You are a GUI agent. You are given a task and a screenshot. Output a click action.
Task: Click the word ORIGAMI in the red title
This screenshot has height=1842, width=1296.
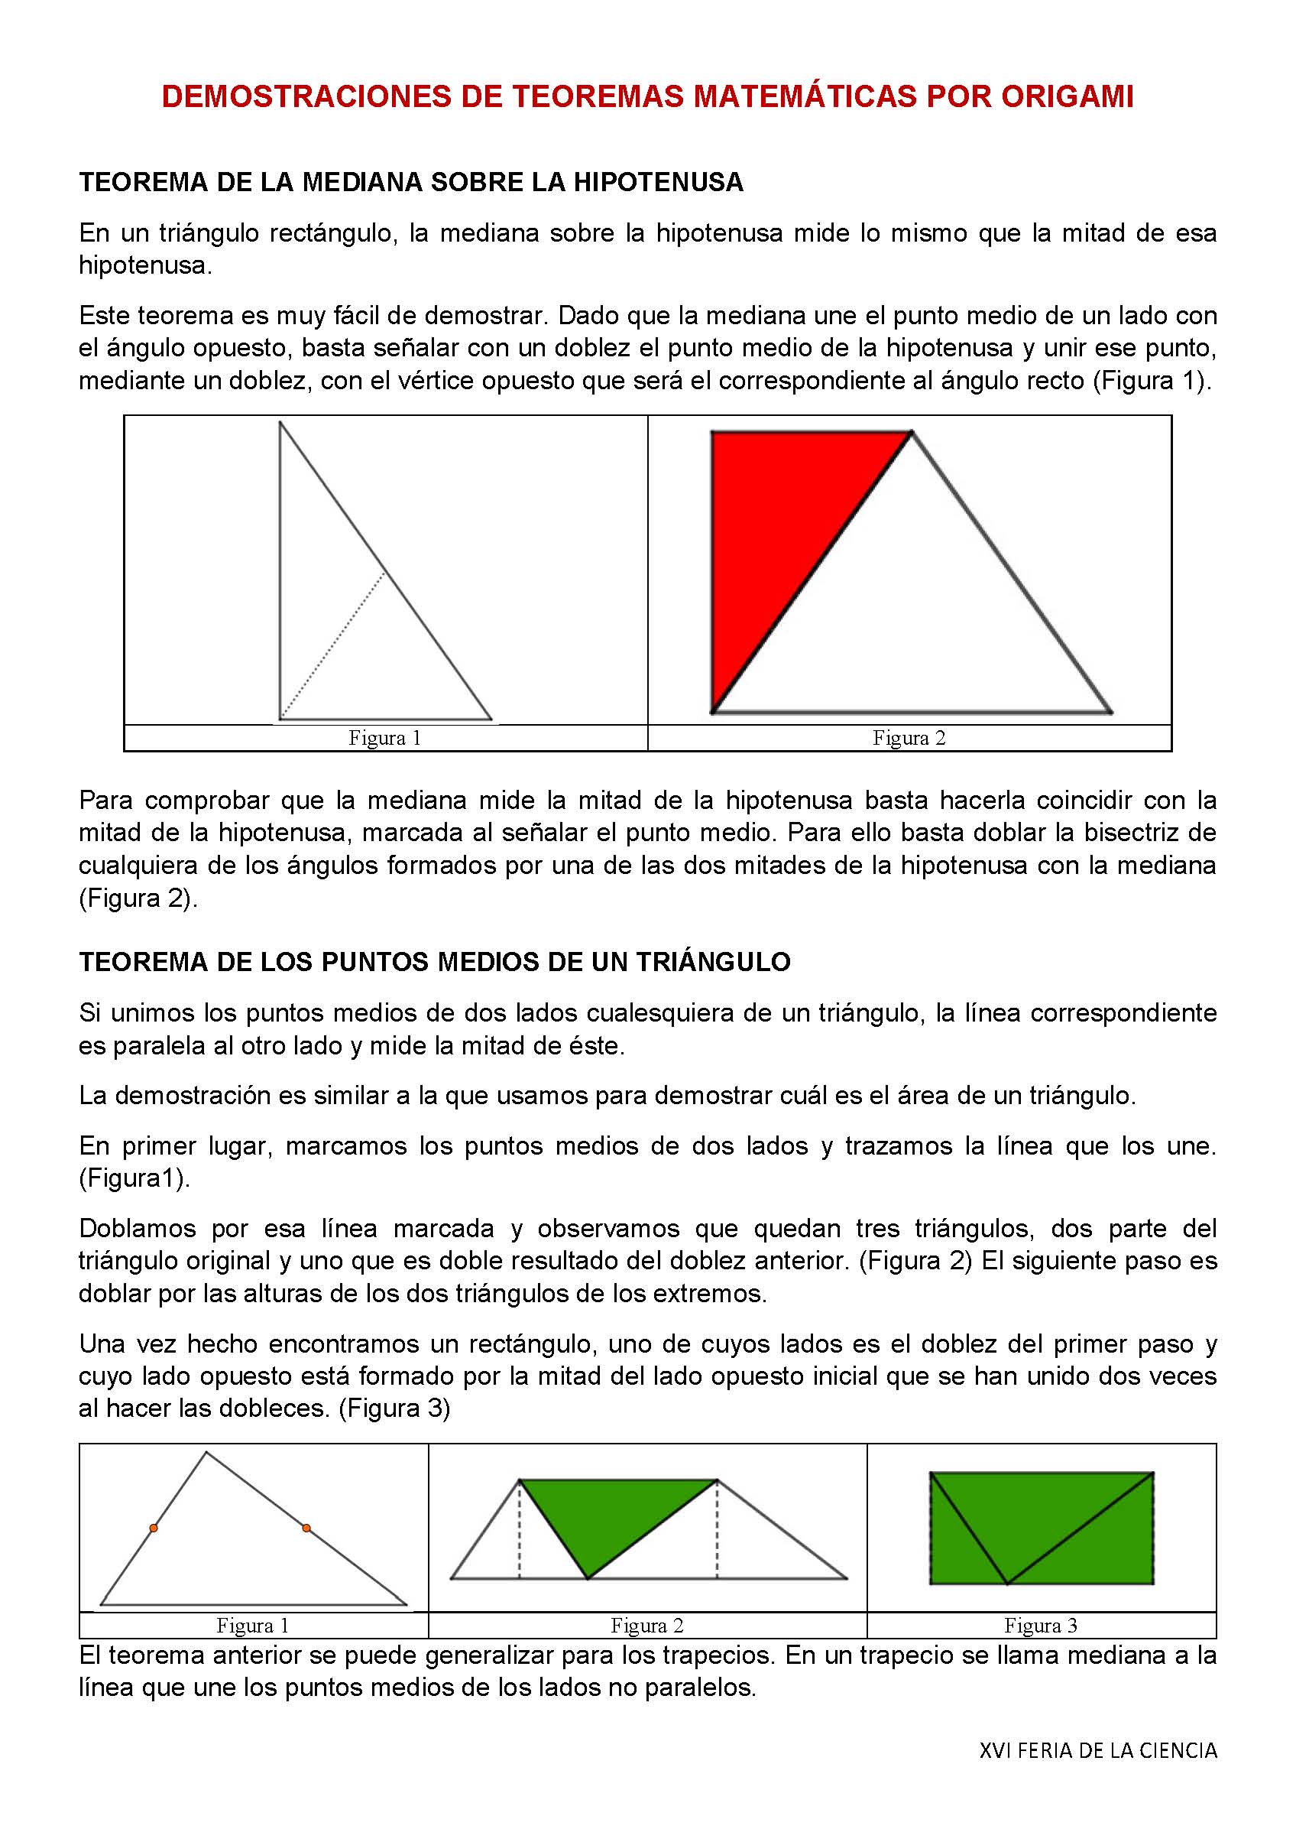[1066, 97]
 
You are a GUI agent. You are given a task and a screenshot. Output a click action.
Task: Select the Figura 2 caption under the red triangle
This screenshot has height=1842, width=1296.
[909, 738]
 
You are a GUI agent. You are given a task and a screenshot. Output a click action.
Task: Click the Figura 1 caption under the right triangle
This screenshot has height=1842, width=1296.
[385, 738]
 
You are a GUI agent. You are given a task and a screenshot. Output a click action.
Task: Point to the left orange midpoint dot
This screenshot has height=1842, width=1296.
[153, 1529]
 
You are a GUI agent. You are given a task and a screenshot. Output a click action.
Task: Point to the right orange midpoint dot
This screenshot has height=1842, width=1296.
[306, 1529]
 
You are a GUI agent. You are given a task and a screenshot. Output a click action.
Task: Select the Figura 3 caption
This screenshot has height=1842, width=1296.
[1040, 1626]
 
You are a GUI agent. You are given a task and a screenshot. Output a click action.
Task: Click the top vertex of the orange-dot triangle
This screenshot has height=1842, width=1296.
[207, 1453]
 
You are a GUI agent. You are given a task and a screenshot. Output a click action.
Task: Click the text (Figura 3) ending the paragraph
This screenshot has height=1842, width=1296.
[394, 1408]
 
